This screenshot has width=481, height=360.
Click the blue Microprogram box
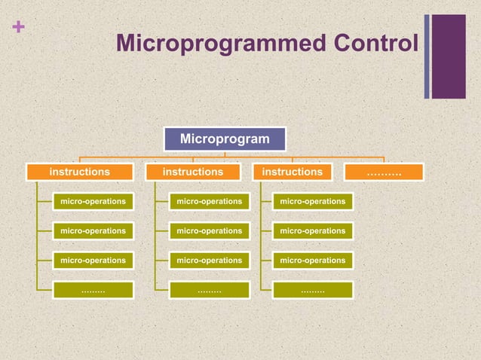[x=225, y=139]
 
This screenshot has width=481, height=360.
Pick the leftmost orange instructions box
[x=80, y=172]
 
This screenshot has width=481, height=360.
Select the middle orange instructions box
[x=193, y=172]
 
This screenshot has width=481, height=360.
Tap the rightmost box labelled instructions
[x=292, y=172]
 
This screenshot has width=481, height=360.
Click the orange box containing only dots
[x=384, y=172]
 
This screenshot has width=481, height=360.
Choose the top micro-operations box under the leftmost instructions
[x=93, y=201]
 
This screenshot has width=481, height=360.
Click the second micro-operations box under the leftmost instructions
[x=93, y=230]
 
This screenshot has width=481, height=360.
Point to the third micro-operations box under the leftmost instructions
[x=93, y=260]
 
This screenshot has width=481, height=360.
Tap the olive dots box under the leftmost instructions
[x=93, y=290]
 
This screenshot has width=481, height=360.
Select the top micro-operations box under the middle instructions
[x=209, y=201]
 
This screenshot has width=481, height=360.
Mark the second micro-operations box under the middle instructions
[x=209, y=230]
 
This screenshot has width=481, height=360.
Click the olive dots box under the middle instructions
[x=209, y=290]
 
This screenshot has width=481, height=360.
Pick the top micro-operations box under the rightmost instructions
[x=313, y=201]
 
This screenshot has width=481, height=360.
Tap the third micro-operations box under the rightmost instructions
[x=313, y=260]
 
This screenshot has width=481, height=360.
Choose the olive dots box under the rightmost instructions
[x=313, y=290]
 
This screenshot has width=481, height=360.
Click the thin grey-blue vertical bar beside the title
[x=427, y=56]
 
